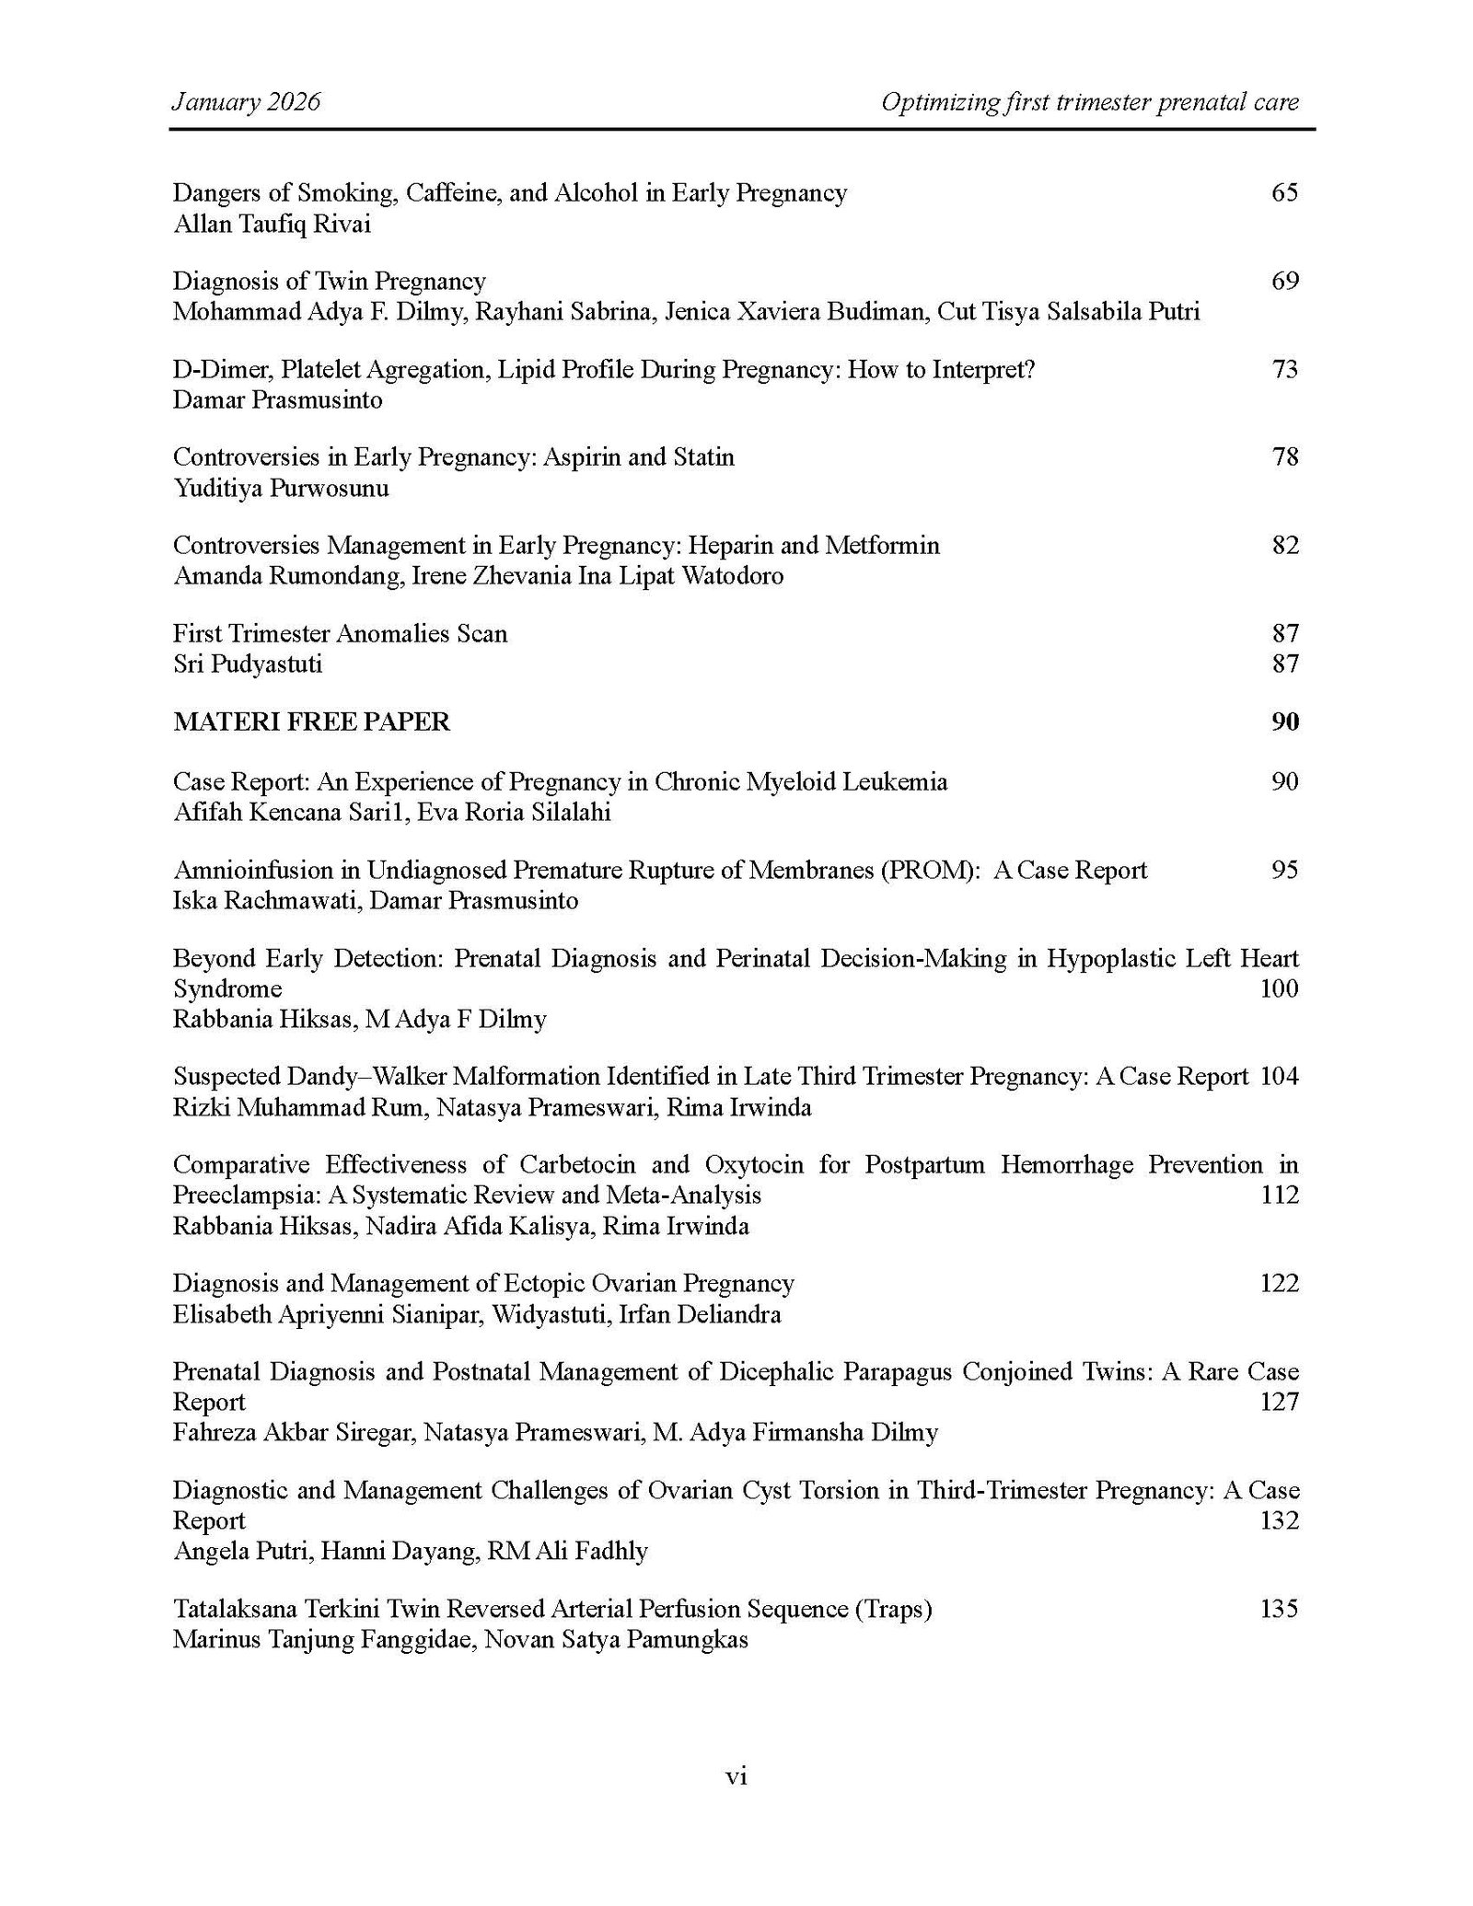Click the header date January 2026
[x=246, y=101]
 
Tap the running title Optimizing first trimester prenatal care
[x=1089, y=101]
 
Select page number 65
[x=1284, y=192]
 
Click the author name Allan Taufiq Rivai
[x=272, y=224]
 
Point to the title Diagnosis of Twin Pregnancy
[x=329, y=281]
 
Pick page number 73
[x=1284, y=369]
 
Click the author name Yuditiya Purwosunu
[x=281, y=488]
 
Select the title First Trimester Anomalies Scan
[x=340, y=633]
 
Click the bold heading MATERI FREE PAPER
[x=311, y=722]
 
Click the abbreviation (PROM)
[x=930, y=870]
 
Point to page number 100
[x=1278, y=988]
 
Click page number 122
[x=1278, y=1283]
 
